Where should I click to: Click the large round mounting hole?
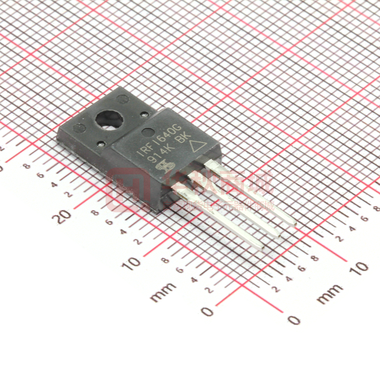click(109, 119)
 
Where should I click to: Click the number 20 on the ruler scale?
click(63, 216)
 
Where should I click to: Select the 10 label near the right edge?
click(360, 268)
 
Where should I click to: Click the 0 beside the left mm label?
click(207, 312)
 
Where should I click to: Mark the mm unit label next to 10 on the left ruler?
click(163, 291)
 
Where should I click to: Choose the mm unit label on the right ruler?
click(330, 294)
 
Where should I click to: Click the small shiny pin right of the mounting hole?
click(144, 114)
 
